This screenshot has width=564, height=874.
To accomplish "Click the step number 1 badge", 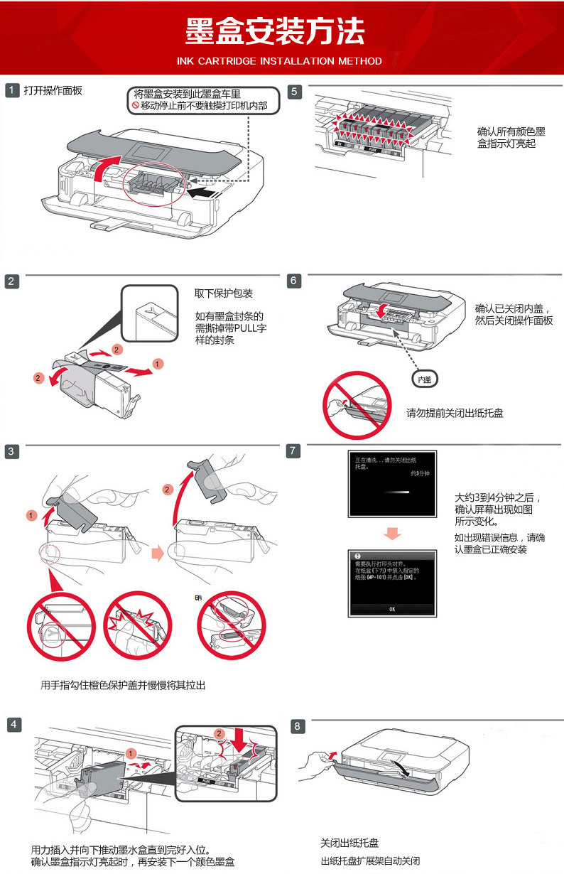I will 12,91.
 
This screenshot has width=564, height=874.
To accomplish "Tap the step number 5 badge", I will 295,92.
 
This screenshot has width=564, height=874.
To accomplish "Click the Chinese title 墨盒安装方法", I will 275,31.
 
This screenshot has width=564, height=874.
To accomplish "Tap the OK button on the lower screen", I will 391,609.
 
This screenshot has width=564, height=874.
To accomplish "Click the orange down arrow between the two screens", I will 392,533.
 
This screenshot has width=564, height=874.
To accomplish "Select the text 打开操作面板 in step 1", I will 53,90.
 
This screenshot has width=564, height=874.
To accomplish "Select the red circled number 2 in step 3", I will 168,490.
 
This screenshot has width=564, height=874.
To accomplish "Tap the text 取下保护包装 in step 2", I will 224,293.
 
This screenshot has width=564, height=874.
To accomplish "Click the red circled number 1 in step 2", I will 158,364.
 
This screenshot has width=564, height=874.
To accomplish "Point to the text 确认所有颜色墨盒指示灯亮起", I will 511,137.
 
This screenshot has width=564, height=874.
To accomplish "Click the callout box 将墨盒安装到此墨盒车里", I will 202,99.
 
